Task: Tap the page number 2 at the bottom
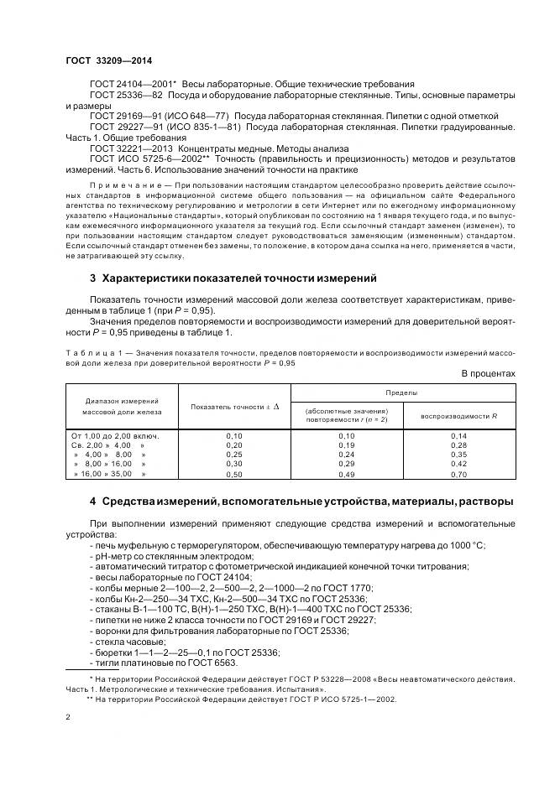[67, 718]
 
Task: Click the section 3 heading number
[92, 278]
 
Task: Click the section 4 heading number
[92, 502]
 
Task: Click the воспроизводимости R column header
[459, 416]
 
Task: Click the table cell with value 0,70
[458, 474]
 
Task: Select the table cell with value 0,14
[458, 436]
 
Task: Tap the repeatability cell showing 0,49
[346, 474]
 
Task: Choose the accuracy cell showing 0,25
[234, 455]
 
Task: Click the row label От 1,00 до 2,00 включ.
[116, 436]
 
